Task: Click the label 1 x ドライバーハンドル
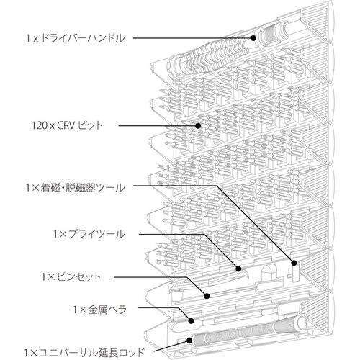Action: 76,38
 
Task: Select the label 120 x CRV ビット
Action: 67,125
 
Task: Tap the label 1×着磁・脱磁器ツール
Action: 76,188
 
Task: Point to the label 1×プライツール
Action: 89,234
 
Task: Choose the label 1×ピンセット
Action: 71,277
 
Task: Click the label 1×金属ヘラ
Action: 100,310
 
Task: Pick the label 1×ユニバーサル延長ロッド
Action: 84,353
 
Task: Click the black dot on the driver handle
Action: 253,38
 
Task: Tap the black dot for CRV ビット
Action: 198,125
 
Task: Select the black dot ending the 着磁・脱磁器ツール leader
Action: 294,263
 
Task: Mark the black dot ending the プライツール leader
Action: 238,269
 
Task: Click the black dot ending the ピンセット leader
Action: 207,296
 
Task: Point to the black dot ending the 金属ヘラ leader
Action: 191,321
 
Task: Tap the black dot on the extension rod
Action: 189,341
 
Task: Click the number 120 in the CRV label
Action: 40,125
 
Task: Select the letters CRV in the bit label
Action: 66,125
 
